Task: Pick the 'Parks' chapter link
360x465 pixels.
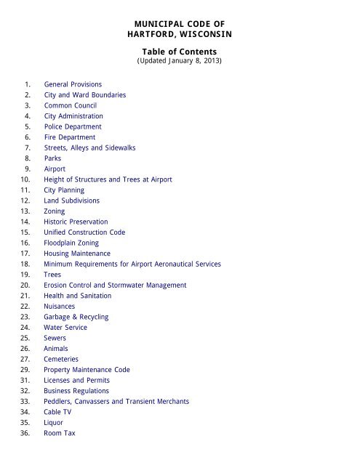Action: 54,158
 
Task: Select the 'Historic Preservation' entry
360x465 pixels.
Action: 76,221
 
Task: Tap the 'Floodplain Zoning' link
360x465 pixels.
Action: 73,242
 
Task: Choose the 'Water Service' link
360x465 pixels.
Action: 66,328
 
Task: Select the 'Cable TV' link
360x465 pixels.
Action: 60,412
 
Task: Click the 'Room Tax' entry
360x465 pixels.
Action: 60,433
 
